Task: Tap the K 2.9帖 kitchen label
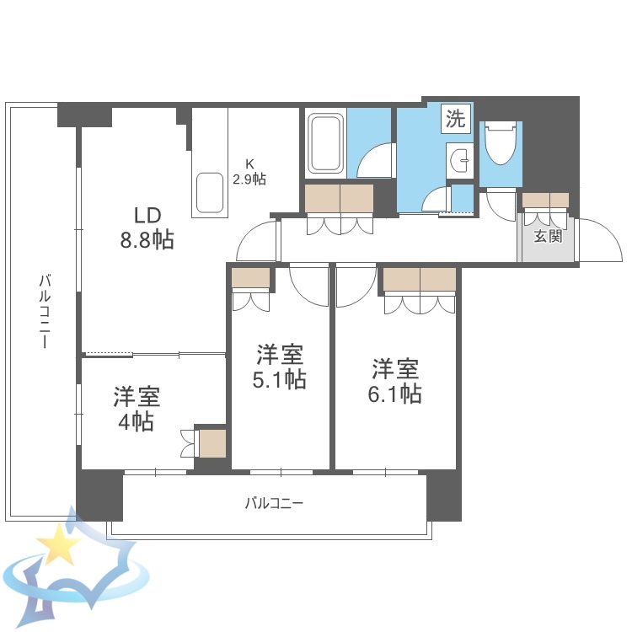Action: [x=249, y=171]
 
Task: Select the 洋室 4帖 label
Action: [x=137, y=409]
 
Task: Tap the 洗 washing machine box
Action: [x=455, y=120]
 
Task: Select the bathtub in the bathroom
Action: [x=324, y=143]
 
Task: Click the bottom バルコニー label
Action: [x=274, y=503]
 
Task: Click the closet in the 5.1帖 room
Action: [x=250, y=278]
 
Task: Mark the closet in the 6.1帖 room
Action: [x=420, y=279]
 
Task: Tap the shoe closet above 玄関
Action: [x=545, y=201]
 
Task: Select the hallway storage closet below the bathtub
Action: [x=339, y=199]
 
